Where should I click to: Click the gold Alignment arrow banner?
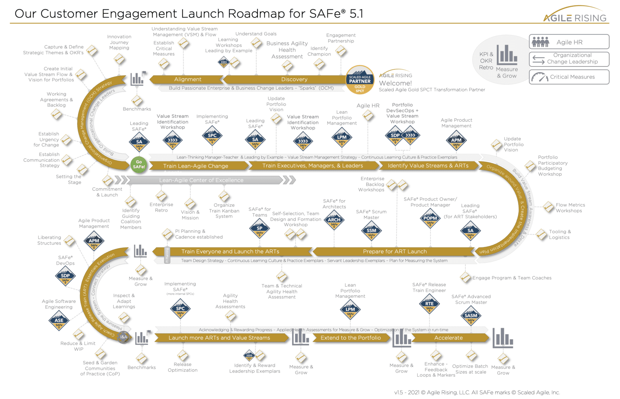click(188, 79)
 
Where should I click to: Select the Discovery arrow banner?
click(294, 79)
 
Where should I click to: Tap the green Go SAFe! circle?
click(139, 164)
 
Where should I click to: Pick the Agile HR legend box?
click(569, 42)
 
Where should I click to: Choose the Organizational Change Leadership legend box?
click(569, 59)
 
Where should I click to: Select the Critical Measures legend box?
click(569, 77)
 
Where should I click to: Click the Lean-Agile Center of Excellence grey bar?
click(201, 180)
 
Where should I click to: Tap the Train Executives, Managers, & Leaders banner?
click(313, 166)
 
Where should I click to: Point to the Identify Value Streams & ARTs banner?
click(428, 166)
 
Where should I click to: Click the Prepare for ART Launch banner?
click(395, 252)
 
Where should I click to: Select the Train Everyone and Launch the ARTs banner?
click(230, 252)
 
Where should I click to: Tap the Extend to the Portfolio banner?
click(350, 338)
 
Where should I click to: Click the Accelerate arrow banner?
click(448, 338)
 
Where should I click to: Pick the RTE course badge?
click(429, 304)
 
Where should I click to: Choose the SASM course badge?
click(471, 316)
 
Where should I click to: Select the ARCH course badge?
click(334, 221)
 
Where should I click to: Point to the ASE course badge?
click(59, 321)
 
